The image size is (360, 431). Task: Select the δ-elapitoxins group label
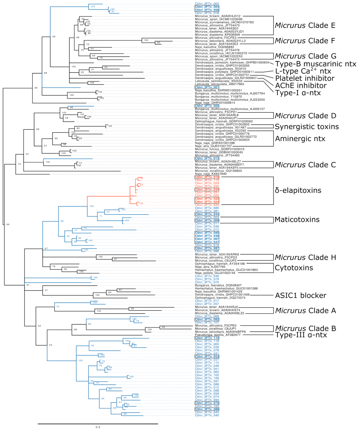click(298, 190)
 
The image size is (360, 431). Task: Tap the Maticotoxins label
click(297, 220)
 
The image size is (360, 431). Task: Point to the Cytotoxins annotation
click(294, 268)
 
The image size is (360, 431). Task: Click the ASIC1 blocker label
click(300, 295)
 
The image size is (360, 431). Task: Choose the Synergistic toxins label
click(307, 127)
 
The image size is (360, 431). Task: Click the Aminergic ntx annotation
click(300, 139)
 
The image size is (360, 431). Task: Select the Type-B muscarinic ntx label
click(316, 64)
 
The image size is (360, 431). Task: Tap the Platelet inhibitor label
click(305, 78)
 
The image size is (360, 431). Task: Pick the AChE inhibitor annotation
click(301, 86)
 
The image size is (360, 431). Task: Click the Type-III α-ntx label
click(301, 335)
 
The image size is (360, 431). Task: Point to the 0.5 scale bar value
click(98, 427)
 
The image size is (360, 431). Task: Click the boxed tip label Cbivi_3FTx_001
click(207, 88)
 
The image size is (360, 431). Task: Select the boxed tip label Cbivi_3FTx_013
click(207, 159)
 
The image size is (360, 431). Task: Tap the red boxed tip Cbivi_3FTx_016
click(207, 177)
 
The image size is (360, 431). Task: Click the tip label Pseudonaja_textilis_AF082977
click(217, 335)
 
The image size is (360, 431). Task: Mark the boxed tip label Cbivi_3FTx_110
click(207, 338)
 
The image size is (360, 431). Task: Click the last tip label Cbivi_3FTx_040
click(207, 415)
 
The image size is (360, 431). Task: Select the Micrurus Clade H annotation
click(305, 258)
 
